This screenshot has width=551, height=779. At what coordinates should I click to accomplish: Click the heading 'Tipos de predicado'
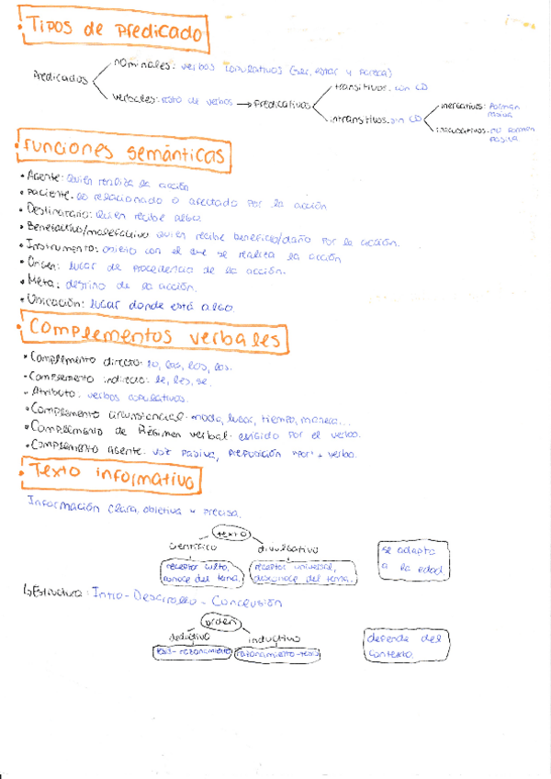point(114,33)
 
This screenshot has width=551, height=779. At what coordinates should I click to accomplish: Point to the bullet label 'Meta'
point(42,286)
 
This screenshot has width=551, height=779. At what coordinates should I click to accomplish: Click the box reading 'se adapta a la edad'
point(415,560)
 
